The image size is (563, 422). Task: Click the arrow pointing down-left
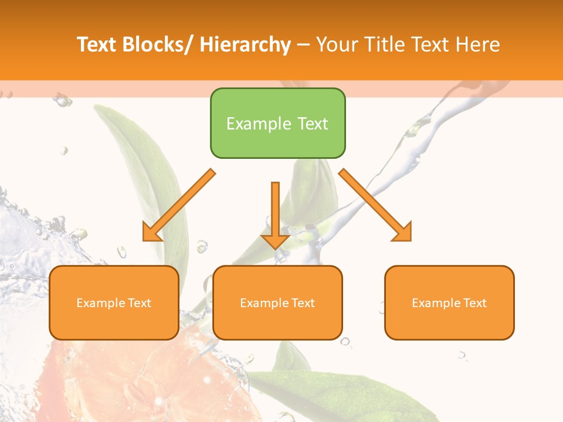click(x=179, y=205)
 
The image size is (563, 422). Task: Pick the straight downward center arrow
click(x=275, y=211)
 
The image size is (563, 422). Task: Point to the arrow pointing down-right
click(x=375, y=205)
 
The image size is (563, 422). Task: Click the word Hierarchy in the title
click(x=245, y=45)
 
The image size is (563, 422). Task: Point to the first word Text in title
click(x=97, y=45)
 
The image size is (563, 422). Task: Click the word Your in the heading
click(x=335, y=45)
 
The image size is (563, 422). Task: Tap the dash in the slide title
click(x=303, y=45)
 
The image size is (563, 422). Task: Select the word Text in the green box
click(x=312, y=124)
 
